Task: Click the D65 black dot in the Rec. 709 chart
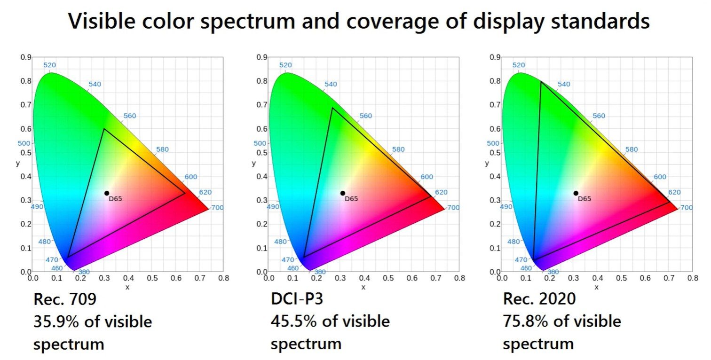click(x=107, y=193)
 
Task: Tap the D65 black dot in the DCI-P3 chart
click(x=342, y=193)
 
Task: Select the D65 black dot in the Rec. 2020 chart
click(x=576, y=193)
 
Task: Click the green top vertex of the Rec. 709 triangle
click(x=104, y=129)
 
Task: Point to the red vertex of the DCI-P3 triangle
click(x=430, y=197)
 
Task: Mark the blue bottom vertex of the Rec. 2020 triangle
click(x=533, y=260)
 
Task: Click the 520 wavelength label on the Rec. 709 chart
click(x=49, y=65)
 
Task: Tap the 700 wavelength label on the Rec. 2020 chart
click(x=686, y=207)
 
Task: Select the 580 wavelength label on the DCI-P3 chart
click(x=398, y=149)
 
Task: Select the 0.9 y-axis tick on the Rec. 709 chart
click(x=25, y=57)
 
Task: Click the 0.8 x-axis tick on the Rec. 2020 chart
click(x=692, y=278)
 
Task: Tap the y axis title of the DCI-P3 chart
click(x=254, y=163)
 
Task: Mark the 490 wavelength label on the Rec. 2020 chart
click(x=506, y=207)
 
